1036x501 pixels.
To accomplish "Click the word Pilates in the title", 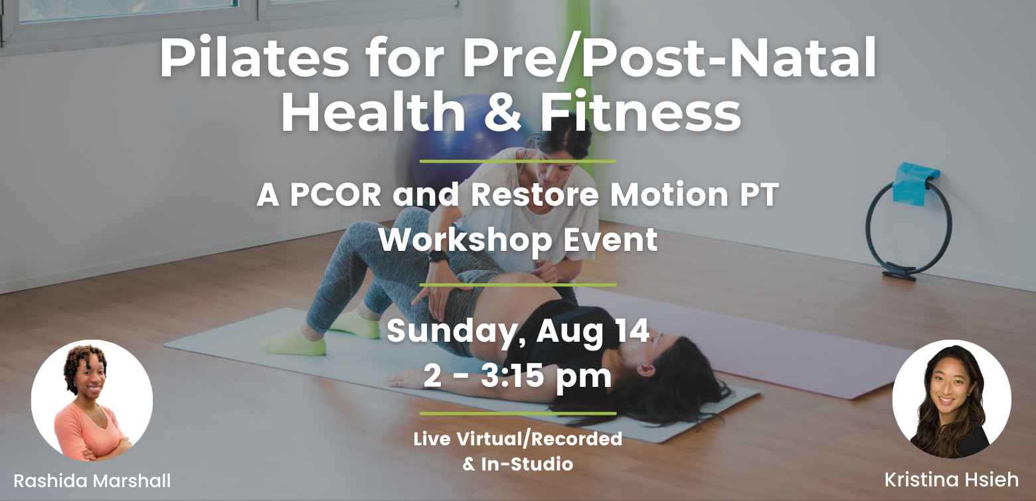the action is (x=255, y=58).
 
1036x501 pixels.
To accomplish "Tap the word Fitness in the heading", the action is (x=641, y=111).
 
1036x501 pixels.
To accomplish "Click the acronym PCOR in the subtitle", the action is (x=335, y=194).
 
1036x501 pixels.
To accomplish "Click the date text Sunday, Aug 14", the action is (x=517, y=331).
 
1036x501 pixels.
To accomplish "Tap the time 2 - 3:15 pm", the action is (x=517, y=376).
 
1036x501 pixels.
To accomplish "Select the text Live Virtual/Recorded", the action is (x=517, y=439).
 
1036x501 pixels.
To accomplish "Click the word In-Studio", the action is (x=527, y=464).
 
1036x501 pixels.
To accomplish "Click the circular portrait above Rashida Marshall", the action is (x=92, y=400).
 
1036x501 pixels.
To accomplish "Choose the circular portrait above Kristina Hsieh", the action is (x=952, y=399).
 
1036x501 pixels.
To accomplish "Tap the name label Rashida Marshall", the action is (x=92, y=480).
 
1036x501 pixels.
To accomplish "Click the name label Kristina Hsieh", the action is (x=952, y=480).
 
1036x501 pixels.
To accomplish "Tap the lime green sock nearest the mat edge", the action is (x=294, y=342).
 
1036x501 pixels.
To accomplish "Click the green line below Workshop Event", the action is (x=517, y=285).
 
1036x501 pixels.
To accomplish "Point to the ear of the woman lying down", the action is (x=646, y=370).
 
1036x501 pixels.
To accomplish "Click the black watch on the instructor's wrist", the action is (x=438, y=255).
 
